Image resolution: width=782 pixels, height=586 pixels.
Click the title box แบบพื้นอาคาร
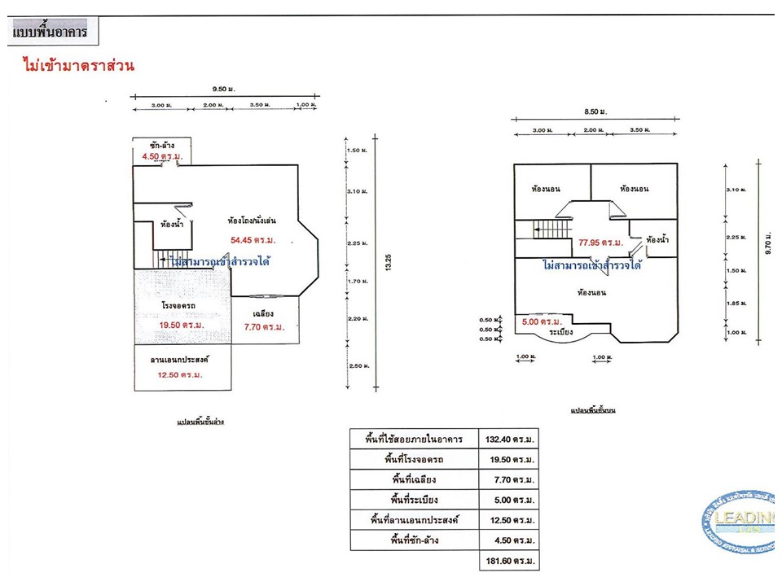coord(50,34)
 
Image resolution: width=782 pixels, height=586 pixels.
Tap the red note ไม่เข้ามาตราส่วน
coord(78,65)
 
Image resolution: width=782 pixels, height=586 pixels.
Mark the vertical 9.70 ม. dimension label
coord(767,250)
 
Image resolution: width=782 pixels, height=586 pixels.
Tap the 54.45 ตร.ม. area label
coord(253,240)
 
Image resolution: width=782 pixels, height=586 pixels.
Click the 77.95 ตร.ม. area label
coord(601,243)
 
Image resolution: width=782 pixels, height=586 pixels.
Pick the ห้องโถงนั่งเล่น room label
coord(253,220)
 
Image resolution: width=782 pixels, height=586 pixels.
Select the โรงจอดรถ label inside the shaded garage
coord(177,306)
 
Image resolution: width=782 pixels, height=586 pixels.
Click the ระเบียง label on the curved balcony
coord(560,332)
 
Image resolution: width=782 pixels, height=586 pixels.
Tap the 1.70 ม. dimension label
coord(354,282)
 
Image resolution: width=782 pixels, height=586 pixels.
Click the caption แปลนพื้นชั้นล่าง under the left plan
coord(200,423)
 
